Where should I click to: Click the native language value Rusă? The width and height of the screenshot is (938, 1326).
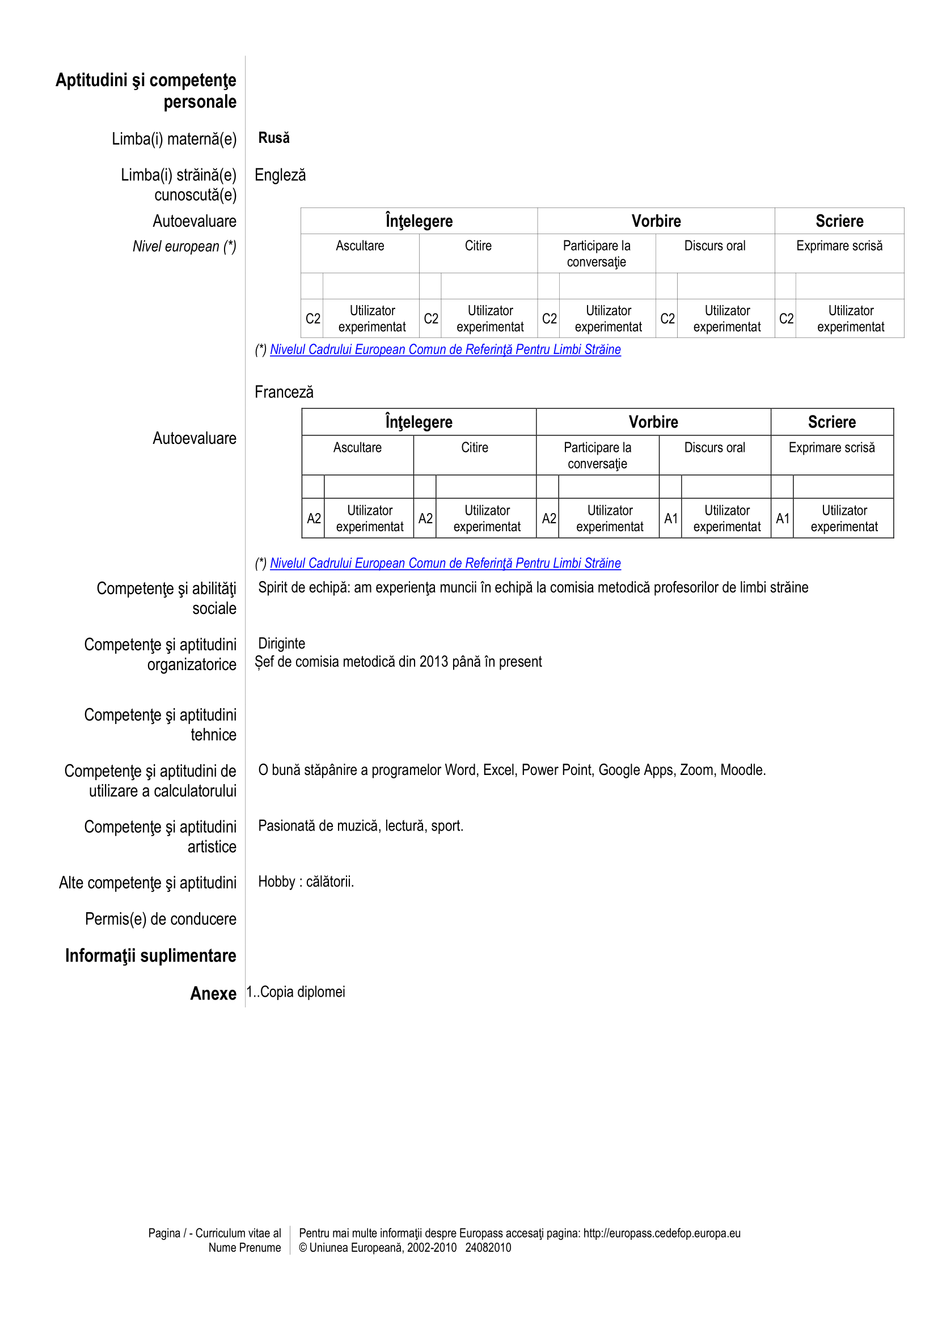(x=274, y=138)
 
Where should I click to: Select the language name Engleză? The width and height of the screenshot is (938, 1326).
(x=280, y=175)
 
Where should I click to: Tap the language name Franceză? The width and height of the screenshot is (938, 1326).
(x=284, y=392)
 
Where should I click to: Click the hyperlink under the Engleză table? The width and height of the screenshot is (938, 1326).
(x=445, y=349)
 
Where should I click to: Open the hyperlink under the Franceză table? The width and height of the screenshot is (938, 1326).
(x=445, y=563)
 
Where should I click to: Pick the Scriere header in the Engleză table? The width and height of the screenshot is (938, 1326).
(x=839, y=221)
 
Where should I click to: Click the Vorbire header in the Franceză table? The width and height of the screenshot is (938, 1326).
(x=653, y=422)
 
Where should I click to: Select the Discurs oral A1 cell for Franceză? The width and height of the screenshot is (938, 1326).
(x=670, y=519)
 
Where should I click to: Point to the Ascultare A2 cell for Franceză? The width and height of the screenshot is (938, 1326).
(x=314, y=519)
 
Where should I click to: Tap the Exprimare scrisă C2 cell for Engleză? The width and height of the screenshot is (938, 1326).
(x=785, y=319)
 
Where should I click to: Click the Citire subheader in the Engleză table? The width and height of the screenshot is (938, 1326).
(x=478, y=246)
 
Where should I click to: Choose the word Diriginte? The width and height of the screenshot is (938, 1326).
(x=281, y=643)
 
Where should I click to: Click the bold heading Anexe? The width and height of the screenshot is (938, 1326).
(x=213, y=993)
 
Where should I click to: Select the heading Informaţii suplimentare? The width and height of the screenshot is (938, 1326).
(x=150, y=956)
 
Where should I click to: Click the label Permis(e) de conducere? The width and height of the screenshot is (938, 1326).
(x=160, y=919)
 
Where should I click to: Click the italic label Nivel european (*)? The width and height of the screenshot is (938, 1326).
(x=184, y=247)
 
